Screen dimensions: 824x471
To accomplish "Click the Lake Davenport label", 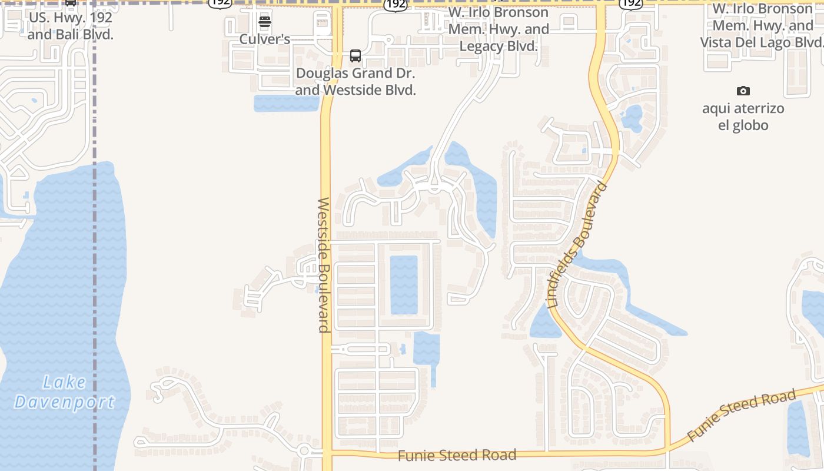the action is pos(65,393).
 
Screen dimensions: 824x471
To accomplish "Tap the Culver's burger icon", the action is pos(265,23).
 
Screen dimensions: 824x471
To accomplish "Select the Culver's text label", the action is pos(265,39).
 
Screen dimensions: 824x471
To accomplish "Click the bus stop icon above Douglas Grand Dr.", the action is pos(355,56).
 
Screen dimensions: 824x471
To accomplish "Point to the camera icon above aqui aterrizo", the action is pos(743,91).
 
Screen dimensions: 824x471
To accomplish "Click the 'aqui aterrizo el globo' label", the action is pos(743,117).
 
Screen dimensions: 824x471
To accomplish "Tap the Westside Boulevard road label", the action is pos(324,265).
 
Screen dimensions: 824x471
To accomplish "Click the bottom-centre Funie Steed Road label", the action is pos(457,455).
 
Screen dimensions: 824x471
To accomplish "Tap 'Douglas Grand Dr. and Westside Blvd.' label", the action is pos(355,82).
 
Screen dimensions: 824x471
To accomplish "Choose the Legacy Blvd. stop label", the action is pos(499,29).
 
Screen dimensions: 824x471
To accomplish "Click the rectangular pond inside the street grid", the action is pos(404,285).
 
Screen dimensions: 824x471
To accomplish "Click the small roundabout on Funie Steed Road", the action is pos(304,452).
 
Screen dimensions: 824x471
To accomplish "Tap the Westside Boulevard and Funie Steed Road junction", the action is pos(327,453).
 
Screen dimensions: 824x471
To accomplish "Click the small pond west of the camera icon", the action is pos(632,118).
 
